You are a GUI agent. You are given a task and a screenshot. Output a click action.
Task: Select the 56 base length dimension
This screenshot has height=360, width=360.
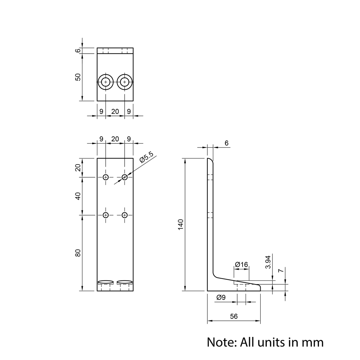tap(234, 316)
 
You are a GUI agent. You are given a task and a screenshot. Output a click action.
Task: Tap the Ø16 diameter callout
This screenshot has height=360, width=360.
tap(241, 265)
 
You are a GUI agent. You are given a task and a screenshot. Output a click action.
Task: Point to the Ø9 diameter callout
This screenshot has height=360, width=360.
tap(221, 297)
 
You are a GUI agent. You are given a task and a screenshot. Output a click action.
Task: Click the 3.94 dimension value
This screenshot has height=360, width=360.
tap(268, 262)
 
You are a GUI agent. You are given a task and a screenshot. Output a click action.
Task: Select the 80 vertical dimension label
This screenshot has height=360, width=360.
tap(78, 253)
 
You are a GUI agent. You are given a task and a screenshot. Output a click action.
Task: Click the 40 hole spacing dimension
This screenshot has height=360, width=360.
tap(78, 196)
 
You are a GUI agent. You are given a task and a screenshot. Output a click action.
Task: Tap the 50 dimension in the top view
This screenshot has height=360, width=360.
tap(78, 77)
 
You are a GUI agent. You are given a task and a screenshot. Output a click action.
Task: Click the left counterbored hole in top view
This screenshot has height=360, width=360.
tap(105, 82)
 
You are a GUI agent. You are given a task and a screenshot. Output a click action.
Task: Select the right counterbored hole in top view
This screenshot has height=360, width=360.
tap(125, 82)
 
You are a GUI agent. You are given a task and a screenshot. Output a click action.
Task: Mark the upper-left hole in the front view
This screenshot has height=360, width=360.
tap(105, 177)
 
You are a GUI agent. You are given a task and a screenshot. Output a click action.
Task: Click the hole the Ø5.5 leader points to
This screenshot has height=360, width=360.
tap(125, 177)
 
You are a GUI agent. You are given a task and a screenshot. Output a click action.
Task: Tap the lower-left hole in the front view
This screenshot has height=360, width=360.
tap(105, 215)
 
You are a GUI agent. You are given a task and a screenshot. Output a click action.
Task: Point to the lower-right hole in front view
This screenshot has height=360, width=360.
tap(125, 215)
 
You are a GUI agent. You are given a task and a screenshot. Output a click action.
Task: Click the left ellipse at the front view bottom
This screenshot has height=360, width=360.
tap(105, 282)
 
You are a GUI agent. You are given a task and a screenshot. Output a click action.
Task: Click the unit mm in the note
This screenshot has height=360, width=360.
tap(311, 342)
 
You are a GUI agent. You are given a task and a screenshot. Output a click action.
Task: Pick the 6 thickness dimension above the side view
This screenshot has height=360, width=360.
tap(226, 143)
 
